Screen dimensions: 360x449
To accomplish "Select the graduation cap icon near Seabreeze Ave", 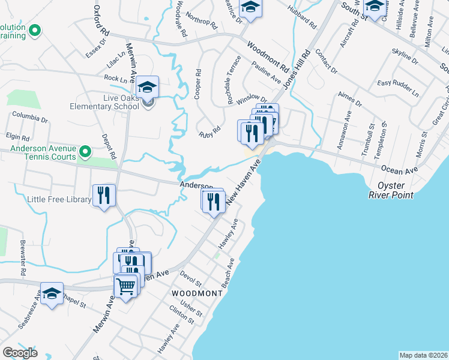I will (52, 293).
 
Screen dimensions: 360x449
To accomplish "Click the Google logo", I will (20, 352).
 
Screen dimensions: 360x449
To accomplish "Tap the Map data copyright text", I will (423, 355).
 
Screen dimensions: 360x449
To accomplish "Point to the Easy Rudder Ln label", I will (397, 88).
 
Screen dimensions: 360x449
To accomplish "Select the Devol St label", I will (191, 278).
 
